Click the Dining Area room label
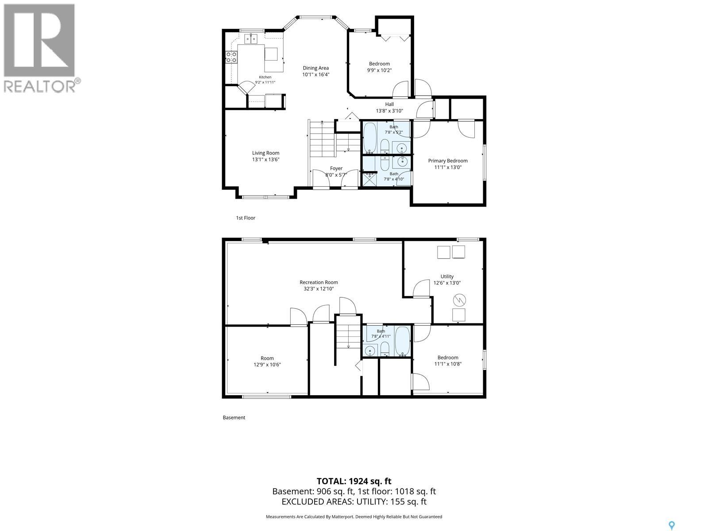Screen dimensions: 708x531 316,68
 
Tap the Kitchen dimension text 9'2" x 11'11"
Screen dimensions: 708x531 265,82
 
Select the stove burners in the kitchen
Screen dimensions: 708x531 231,58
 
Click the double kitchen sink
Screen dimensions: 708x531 251,38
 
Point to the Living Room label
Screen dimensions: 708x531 266,153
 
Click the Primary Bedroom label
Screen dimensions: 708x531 448,161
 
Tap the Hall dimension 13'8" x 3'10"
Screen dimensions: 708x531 389,111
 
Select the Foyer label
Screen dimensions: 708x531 336,169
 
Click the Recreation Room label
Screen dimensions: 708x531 319,282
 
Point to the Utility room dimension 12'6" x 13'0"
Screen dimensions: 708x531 447,283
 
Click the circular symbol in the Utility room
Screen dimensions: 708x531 459,300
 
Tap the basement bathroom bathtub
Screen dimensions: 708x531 402,341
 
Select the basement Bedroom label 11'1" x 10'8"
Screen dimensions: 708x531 448,361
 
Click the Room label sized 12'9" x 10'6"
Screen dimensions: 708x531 267,362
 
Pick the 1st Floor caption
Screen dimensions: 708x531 246,218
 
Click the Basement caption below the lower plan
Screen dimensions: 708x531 234,418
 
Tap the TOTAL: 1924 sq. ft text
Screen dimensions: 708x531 354,481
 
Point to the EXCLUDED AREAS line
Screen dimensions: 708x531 354,502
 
